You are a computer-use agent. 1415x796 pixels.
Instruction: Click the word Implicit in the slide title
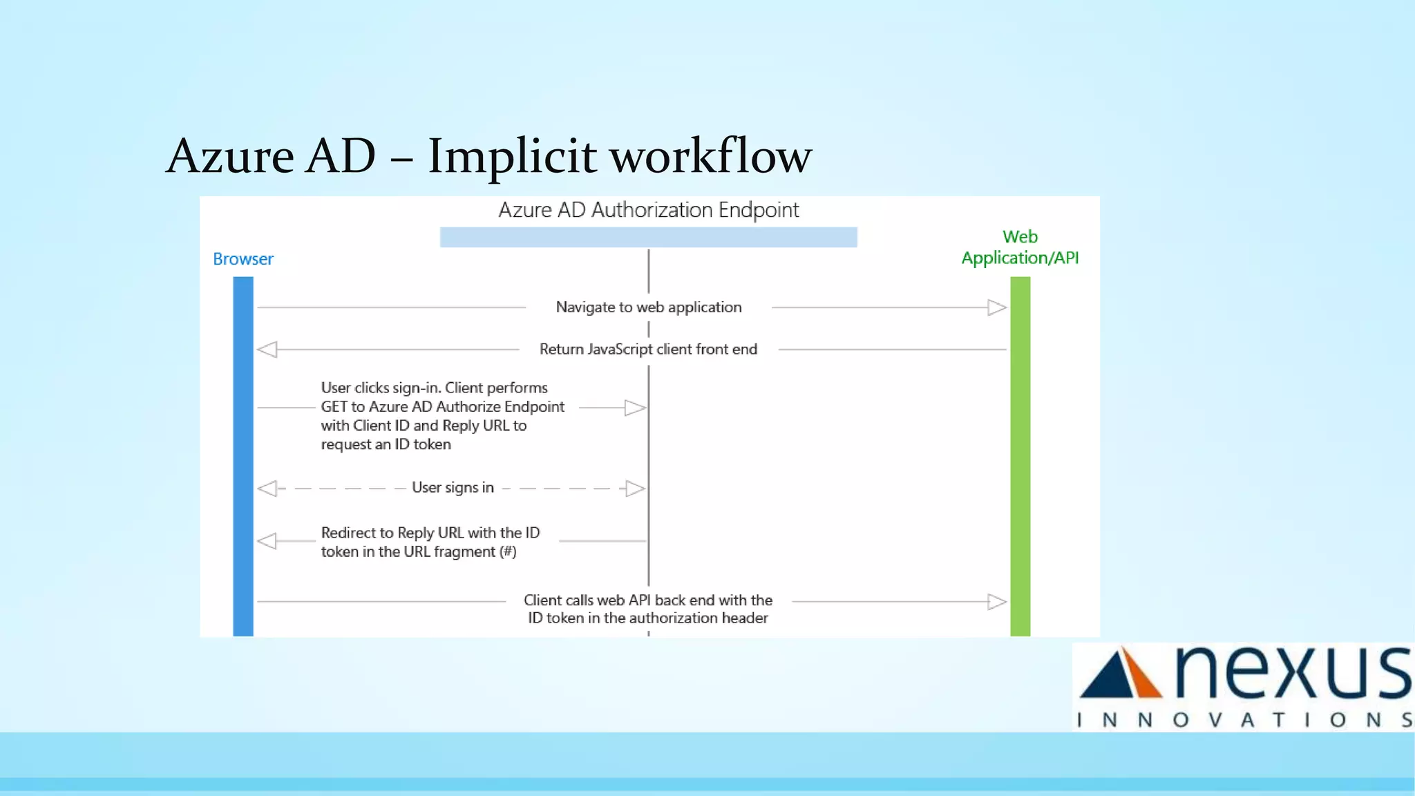pyautogui.click(x=511, y=156)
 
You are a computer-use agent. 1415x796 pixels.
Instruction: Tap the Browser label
pyautogui.click(x=243, y=259)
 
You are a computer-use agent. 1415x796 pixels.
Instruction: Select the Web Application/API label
pyautogui.click(x=1020, y=247)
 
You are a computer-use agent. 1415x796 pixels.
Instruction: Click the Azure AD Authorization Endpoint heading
pyautogui.click(x=648, y=210)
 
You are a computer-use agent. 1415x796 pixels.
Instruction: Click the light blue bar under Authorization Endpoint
pyautogui.click(x=648, y=237)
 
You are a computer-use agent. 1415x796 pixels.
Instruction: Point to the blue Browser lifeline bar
pyautogui.click(x=243, y=456)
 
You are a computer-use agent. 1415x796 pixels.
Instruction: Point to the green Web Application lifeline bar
pyautogui.click(x=1020, y=456)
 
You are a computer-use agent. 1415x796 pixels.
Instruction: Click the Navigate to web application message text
pyautogui.click(x=648, y=307)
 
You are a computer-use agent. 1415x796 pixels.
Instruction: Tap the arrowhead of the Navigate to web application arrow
pyautogui.click(x=996, y=307)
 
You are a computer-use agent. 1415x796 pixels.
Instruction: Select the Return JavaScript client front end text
pyautogui.click(x=648, y=350)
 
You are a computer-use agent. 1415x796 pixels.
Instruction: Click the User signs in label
pyautogui.click(x=453, y=488)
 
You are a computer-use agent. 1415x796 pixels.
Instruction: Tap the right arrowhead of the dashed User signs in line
pyautogui.click(x=634, y=489)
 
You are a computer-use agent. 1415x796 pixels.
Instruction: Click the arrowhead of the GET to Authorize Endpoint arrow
pyautogui.click(x=634, y=408)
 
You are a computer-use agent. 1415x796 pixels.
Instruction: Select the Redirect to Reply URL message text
pyautogui.click(x=430, y=542)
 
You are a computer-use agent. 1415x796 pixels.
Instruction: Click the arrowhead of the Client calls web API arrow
pyautogui.click(x=996, y=602)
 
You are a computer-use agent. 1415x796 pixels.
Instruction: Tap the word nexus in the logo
pyautogui.click(x=1292, y=674)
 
